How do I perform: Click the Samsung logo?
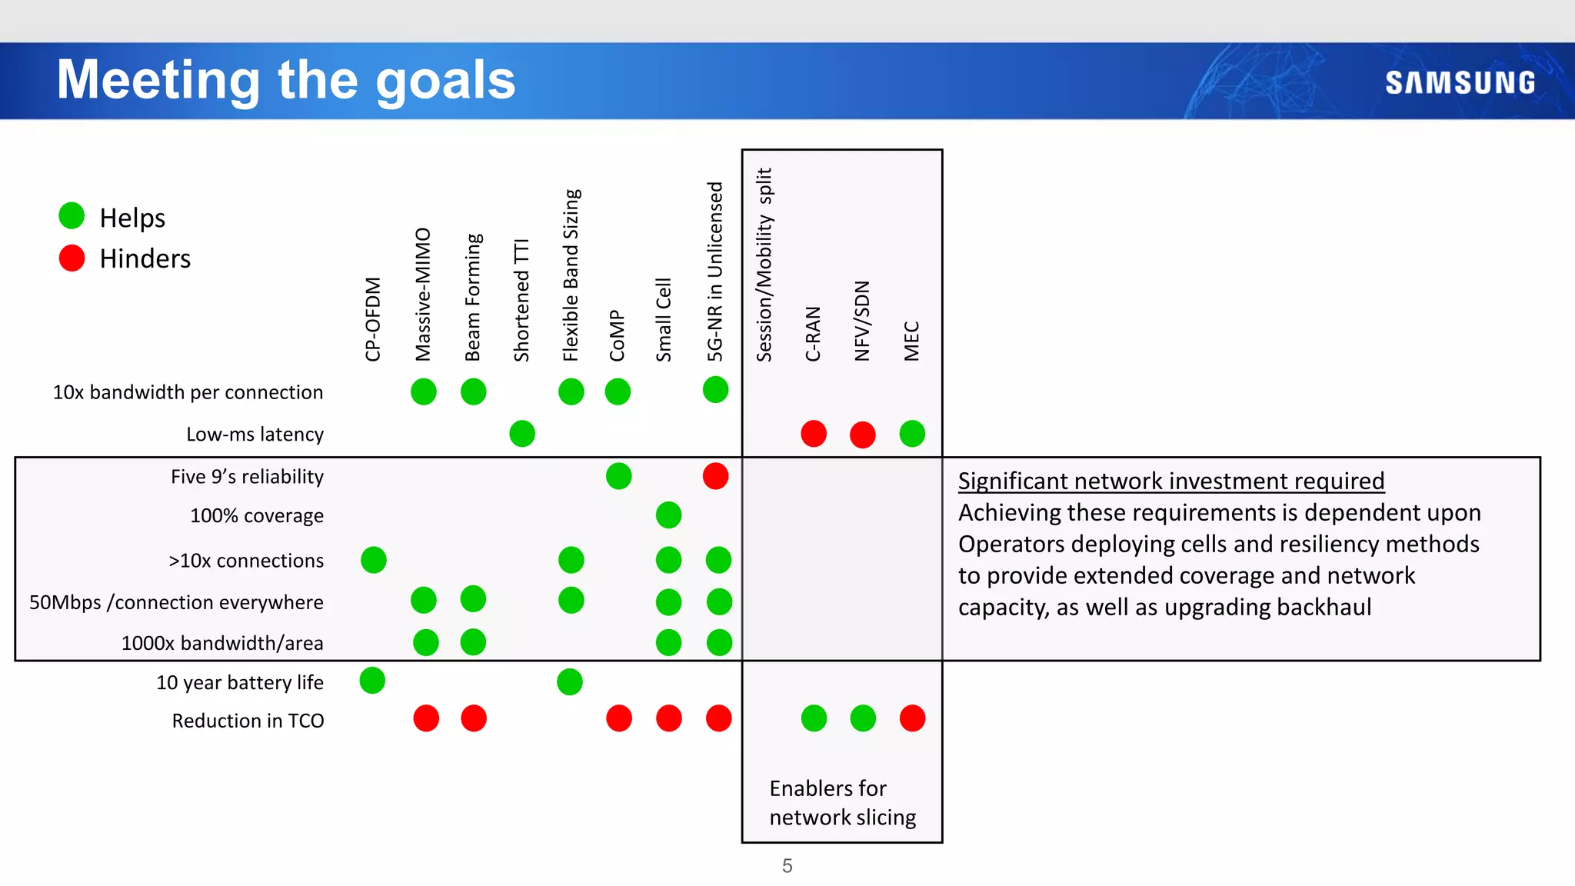1460,82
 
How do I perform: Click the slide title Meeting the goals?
286,80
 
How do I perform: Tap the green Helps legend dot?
72,216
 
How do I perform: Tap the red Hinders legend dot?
72,258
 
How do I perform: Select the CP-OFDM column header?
372,318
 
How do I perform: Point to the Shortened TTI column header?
521,300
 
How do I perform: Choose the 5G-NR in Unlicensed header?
715,271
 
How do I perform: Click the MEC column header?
911,341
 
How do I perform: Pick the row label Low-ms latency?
255,435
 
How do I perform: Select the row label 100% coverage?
256,516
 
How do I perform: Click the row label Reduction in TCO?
248,721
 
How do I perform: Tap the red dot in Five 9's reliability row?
715,476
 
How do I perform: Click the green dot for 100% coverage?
668,515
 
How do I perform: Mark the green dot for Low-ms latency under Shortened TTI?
521,434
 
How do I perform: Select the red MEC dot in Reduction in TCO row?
912,718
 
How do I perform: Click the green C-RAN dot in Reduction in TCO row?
814,718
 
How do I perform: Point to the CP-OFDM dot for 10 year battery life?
372,681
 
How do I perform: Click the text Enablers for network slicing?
842,802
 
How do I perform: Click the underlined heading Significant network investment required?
1170,481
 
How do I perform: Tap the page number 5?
787,866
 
